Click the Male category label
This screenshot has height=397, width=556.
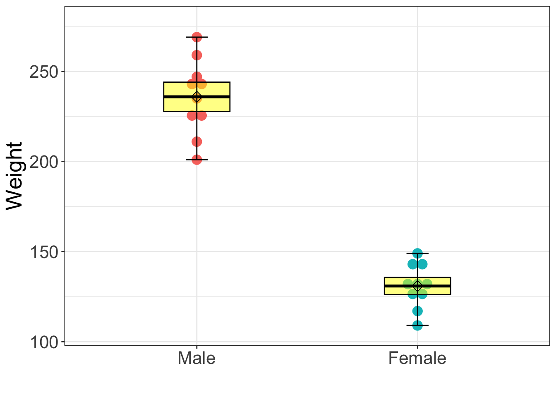click(197, 358)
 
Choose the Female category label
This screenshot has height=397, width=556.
click(417, 358)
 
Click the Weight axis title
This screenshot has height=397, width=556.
click(14, 176)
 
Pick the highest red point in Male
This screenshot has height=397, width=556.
click(197, 37)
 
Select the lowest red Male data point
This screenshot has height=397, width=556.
click(197, 159)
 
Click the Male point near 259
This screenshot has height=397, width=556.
click(197, 55)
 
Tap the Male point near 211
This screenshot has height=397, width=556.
click(197, 142)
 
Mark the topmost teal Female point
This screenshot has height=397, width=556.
click(417, 253)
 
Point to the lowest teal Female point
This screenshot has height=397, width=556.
click(417, 325)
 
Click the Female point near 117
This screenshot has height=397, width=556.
click(417, 311)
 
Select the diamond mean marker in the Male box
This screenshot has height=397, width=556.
click(197, 97)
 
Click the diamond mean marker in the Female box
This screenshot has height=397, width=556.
click(417, 285)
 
